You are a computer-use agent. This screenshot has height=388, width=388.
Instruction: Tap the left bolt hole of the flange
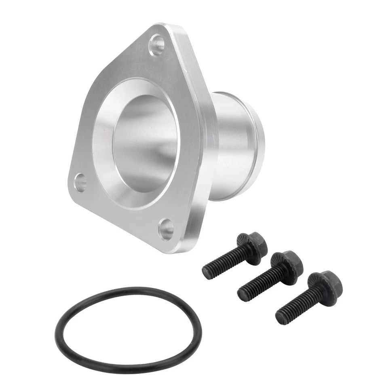pyautogui.click(x=81, y=182)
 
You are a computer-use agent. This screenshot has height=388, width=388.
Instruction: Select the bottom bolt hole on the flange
pyautogui.click(x=166, y=229)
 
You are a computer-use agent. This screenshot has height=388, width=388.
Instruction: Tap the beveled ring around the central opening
pyautogui.click(x=106, y=162)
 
